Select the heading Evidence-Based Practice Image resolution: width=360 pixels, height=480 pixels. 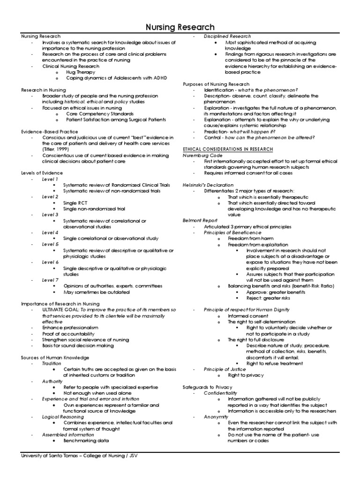pyautogui.click(x=50, y=132)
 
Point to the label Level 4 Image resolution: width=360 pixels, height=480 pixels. pyautogui.click(x=50, y=232)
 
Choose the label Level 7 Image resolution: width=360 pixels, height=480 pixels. pyautogui.click(x=50, y=280)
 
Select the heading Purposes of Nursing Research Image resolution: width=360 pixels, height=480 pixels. pyautogui.click(x=216, y=83)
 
